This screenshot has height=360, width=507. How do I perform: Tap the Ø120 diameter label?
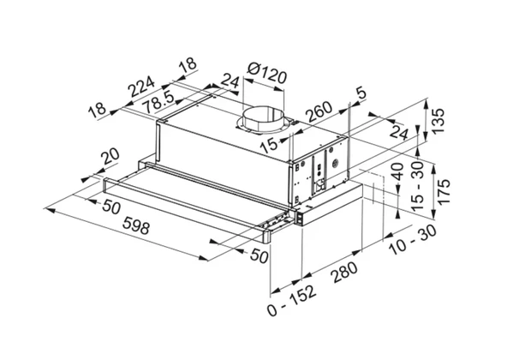pos(266,73)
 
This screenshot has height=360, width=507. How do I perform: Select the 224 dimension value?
pos(141,86)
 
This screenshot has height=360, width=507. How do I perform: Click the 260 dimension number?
pos(319,111)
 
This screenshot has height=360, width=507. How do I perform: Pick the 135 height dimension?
pos(438,121)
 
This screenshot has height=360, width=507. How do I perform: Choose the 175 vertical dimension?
pos(444,191)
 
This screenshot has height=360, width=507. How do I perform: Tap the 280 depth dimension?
pos(344,273)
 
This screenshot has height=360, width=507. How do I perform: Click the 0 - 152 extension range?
pos(291,300)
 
